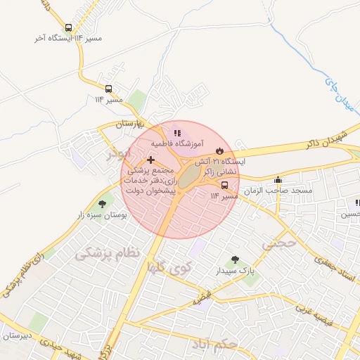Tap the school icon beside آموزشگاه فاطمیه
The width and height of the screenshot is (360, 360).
[177, 132]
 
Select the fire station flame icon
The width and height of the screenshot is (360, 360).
[219, 150]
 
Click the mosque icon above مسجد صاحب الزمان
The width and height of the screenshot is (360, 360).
[278, 180]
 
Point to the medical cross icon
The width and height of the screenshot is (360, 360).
[150, 160]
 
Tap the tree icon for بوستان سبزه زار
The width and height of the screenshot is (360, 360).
[103, 204]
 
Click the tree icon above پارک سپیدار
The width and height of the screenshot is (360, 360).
[234, 259]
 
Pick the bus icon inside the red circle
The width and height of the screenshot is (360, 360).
[224, 185]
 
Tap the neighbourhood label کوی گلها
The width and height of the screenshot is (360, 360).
[170, 267]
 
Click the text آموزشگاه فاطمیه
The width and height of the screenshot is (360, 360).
[177, 143]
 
